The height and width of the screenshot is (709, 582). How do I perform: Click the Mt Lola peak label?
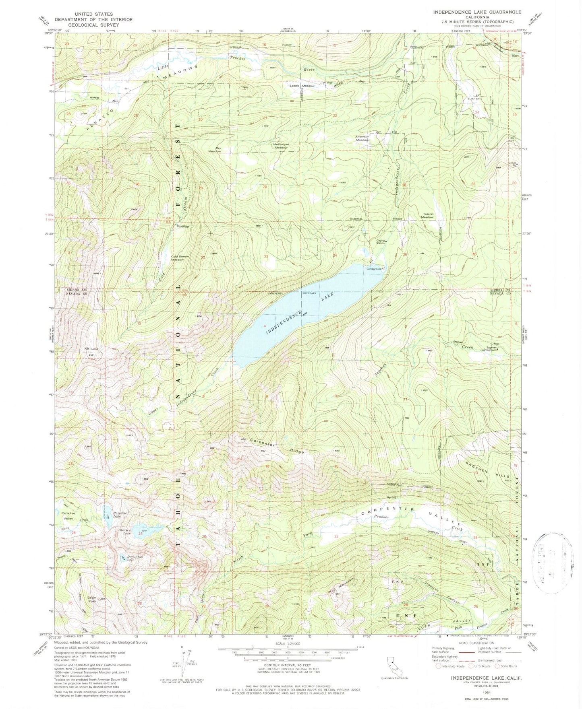(x=91, y=348)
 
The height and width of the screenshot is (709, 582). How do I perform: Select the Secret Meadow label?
(x=427, y=215)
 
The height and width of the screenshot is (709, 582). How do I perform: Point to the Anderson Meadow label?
(x=362, y=138)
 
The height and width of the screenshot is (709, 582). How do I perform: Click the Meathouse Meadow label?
(x=281, y=146)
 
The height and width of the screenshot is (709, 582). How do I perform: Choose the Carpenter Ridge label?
(x=277, y=445)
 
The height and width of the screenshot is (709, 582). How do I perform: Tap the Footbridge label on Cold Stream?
(x=182, y=226)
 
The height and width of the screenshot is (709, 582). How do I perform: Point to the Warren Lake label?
(x=125, y=531)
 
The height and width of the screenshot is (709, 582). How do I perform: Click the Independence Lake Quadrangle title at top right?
(x=477, y=12)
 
